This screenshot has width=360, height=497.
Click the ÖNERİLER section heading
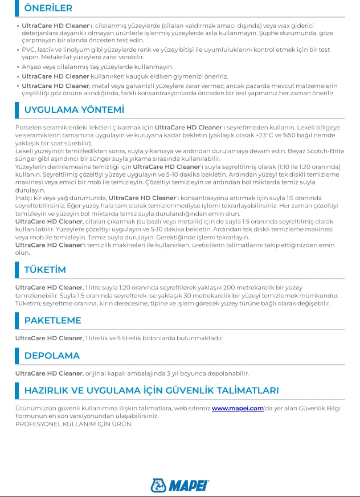point(48,9)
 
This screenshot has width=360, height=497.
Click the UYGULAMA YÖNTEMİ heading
point(74,109)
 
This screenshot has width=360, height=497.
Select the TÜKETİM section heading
point(45,270)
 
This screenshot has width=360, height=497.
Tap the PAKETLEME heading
point(52,320)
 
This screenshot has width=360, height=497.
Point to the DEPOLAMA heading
point(52,356)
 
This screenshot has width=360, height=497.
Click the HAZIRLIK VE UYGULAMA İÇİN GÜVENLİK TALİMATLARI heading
point(152,390)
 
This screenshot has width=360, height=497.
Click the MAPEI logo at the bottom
point(180,485)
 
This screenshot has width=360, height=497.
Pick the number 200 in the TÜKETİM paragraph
point(229,288)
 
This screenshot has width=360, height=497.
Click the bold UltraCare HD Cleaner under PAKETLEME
point(49,339)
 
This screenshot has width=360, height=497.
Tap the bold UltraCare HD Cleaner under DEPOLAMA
point(49,374)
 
